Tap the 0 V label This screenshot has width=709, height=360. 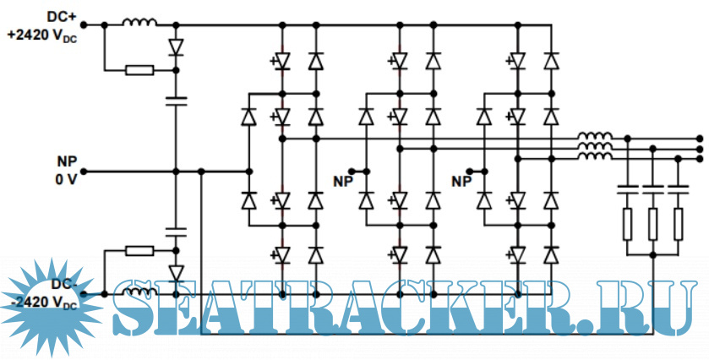(x=65, y=178)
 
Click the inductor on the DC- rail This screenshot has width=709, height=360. (x=139, y=292)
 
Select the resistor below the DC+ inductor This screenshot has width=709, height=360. (x=139, y=70)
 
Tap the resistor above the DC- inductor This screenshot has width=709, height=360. (x=139, y=250)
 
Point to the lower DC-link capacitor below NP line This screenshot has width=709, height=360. (x=176, y=229)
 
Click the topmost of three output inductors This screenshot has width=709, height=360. (x=595, y=136)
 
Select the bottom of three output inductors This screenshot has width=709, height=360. (x=595, y=156)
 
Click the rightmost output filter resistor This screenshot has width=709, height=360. (x=678, y=224)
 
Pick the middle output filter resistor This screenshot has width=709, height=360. (x=652, y=224)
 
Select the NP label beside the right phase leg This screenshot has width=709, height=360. (x=461, y=180)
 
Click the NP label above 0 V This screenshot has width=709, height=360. (x=67, y=161)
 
